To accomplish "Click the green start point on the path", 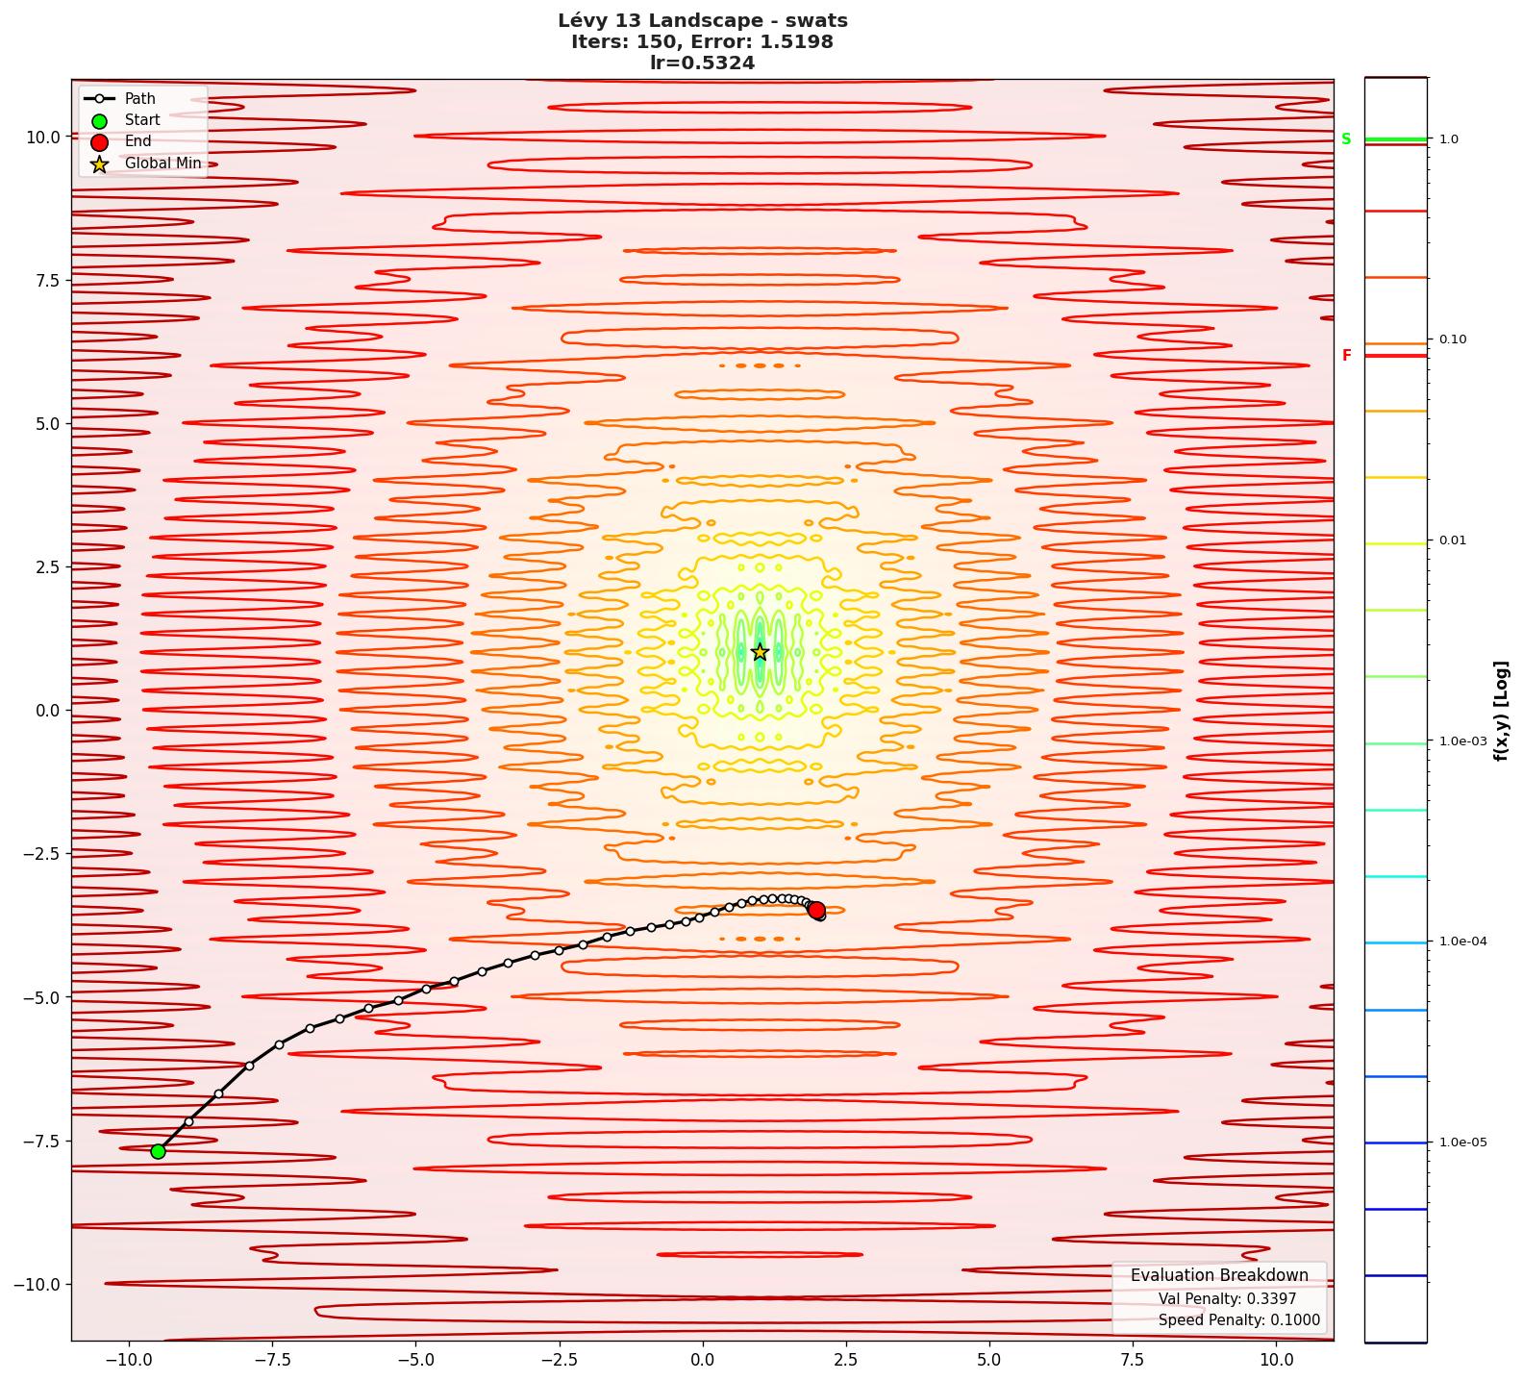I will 158,1151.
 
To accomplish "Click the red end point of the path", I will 816,910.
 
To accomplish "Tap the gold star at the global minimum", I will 760,652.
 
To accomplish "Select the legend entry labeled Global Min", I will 162,163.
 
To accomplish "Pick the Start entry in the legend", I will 142,120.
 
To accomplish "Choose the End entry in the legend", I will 137,141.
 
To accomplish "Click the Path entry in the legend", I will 139,98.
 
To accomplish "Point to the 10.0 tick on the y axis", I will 43,137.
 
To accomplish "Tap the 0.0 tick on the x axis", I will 702,1360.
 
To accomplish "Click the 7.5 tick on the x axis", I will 1133,1360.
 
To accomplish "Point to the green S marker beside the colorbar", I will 1346,139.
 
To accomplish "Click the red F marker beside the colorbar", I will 1346,356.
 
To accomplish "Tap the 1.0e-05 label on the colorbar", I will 1462,1142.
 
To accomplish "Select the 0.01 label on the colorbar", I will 1453,540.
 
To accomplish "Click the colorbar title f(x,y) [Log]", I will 1501,711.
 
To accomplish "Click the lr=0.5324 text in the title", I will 702,63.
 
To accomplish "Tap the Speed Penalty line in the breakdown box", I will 1238,1320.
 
